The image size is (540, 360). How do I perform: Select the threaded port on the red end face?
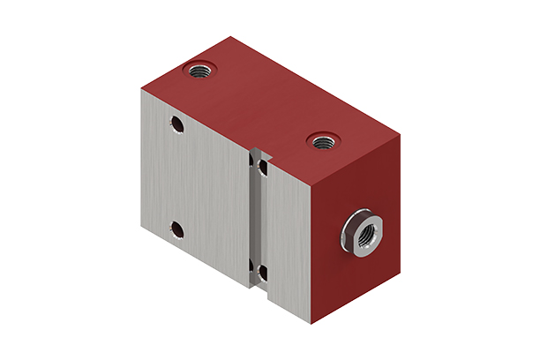pyautogui.click(x=360, y=232)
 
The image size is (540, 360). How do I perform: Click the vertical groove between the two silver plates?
pyautogui.click(x=259, y=221)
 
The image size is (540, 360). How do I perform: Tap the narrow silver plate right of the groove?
pyautogui.click(x=287, y=238)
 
